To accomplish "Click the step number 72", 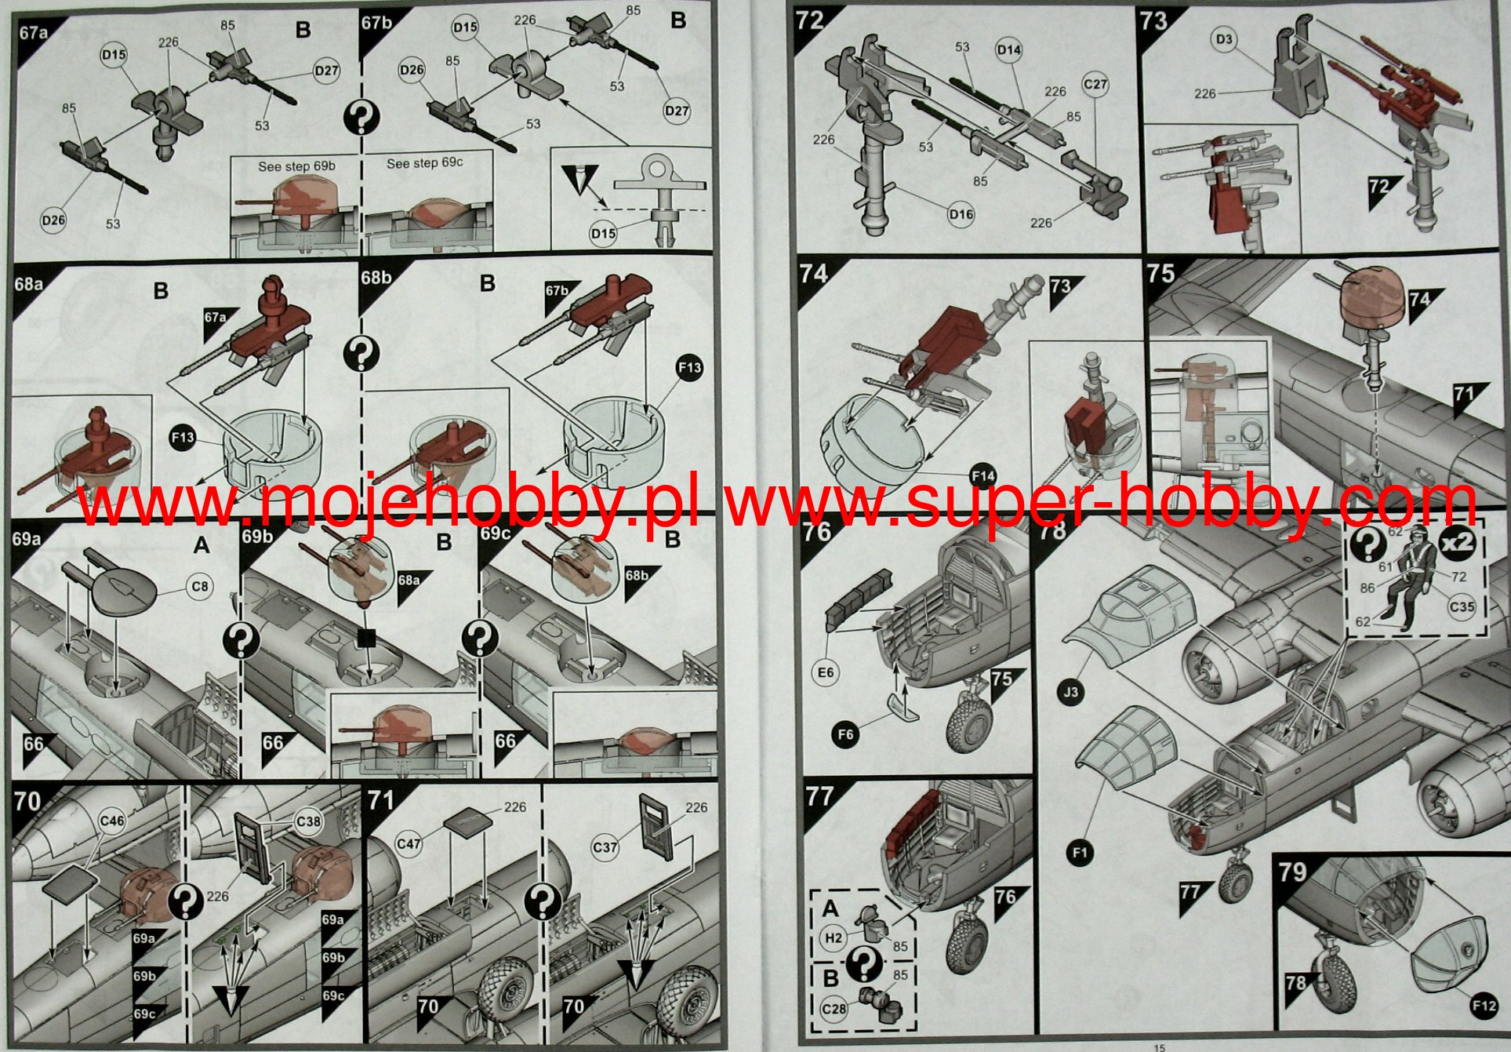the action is [810, 19].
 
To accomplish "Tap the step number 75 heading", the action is [1160, 273].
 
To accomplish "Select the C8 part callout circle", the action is [201, 587].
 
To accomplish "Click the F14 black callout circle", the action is [983, 475].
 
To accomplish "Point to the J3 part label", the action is [1071, 692].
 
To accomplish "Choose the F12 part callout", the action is [1484, 1006].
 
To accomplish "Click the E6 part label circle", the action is [826, 672].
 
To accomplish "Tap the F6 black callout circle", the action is [845, 734].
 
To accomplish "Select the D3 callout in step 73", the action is [1224, 39].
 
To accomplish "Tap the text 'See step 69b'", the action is [296, 166].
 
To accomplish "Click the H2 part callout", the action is [833, 938].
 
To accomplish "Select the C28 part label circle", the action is [834, 1007].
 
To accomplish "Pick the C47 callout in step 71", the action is [409, 844].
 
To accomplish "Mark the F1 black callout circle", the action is [1081, 853].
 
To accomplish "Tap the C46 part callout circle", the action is [112, 821].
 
